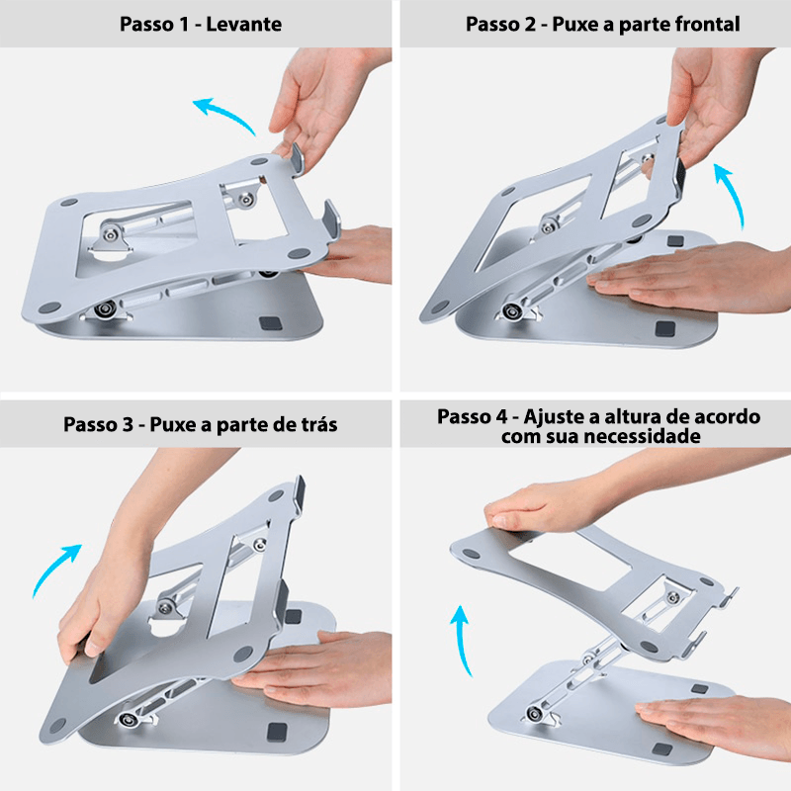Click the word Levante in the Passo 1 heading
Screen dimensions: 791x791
(243, 24)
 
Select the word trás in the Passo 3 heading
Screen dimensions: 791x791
(318, 425)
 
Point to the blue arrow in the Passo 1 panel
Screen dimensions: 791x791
(224, 114)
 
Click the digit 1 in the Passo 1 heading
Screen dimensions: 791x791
(184, 24)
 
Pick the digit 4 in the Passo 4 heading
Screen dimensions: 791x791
(500, 416)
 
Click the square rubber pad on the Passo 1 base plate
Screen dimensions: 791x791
(266, 322)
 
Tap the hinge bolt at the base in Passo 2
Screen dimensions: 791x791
(513, 310)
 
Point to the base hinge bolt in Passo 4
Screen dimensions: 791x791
(532, 714)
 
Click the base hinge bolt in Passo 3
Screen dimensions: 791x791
(127, 719)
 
